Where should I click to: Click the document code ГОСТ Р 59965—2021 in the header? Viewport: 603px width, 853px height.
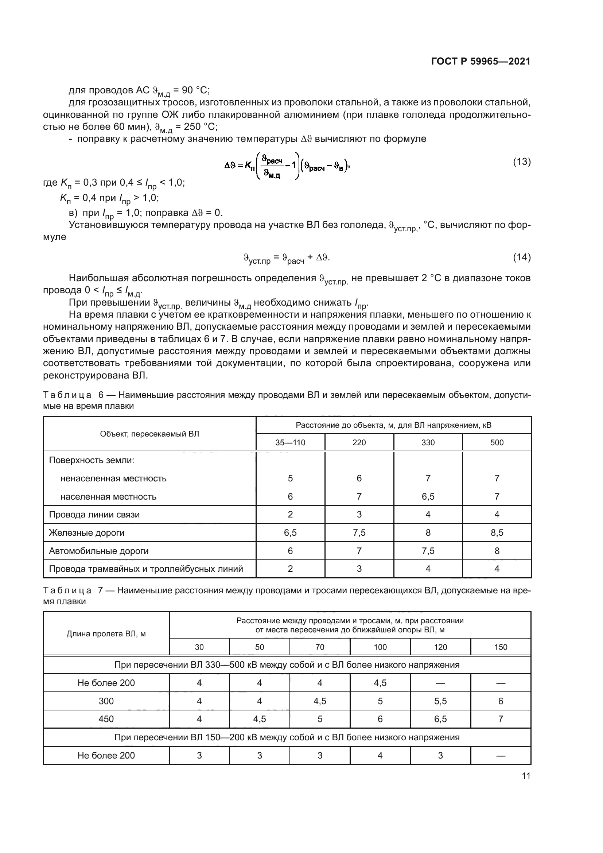(481, 61)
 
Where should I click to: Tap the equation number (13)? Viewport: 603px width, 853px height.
(522, 162)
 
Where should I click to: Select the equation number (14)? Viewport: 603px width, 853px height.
(522, 257)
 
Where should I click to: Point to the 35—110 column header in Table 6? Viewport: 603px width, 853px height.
(290, 442)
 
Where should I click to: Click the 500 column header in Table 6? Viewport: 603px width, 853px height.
(497, 442)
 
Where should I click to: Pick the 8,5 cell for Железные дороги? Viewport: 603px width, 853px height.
(497, 533)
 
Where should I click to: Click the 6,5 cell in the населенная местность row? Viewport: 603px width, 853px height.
(428, 497)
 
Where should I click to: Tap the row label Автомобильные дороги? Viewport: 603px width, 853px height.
(98, 551)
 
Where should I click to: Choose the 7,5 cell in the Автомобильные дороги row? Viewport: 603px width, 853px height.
(428, 551)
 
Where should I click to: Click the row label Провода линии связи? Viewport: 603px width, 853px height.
(94, 515)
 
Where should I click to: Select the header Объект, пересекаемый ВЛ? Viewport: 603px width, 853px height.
(149, 434)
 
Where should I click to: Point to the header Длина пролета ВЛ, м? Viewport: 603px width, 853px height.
(106, 634)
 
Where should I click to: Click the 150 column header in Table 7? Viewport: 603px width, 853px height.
(501, 647)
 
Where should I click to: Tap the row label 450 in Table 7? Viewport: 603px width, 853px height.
(106, 719)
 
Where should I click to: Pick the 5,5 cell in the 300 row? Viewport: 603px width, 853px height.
(440, 701)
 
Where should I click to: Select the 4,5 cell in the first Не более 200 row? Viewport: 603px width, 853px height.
(380, 683)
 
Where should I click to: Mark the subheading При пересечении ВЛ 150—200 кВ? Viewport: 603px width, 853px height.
(287, 737)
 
